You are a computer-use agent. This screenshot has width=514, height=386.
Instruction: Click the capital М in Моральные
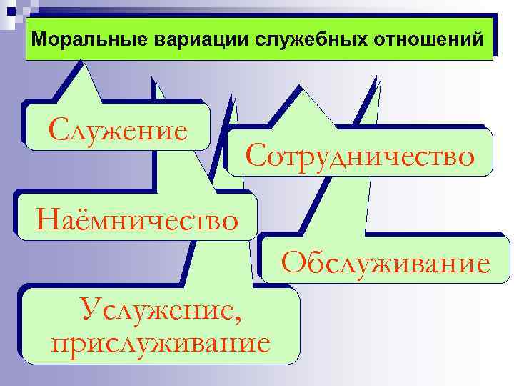click(x=39, y=38)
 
